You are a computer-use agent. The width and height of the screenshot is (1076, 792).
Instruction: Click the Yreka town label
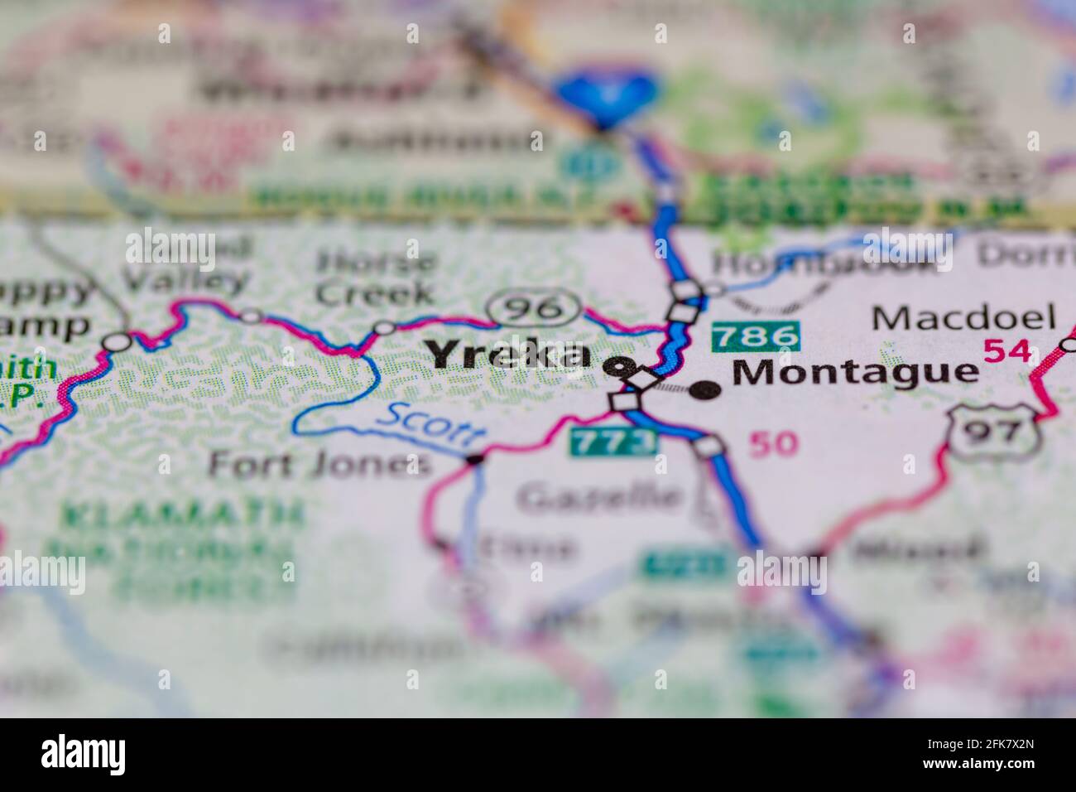pos(509,355)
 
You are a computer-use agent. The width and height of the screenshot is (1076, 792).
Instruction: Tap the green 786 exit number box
pos(756,336)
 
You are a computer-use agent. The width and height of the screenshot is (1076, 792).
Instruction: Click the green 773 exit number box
pos(613,442)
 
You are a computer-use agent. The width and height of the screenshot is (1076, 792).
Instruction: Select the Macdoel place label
pos(963,317)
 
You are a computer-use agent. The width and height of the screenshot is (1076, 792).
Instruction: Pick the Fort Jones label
pos(319,464)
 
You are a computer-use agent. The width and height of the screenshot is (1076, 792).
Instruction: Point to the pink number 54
pos(1006,350)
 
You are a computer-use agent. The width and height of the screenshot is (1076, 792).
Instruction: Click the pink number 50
pos(773,444)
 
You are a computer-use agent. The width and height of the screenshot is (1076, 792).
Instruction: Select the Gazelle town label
pos(601,497)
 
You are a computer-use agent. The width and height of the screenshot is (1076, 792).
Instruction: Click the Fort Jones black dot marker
pos(474,458)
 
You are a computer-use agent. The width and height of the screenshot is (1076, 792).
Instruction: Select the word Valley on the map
pos(186,280)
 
